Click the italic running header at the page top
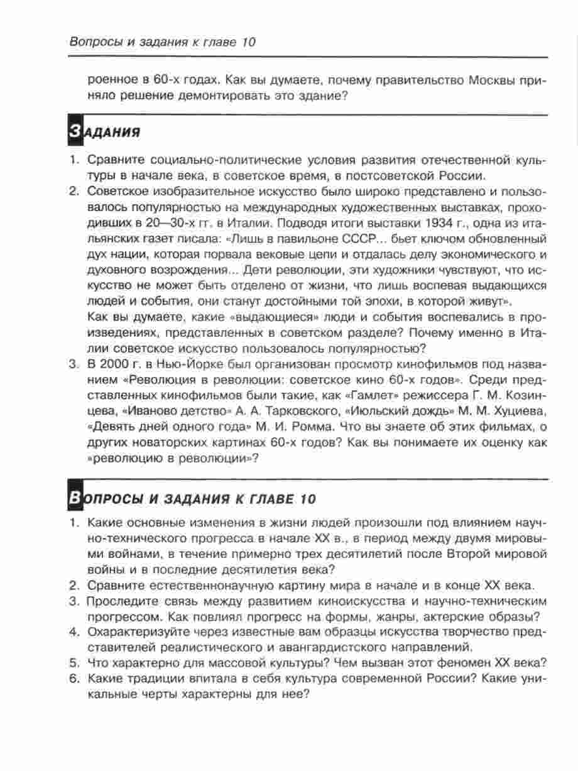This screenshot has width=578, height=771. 161,43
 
